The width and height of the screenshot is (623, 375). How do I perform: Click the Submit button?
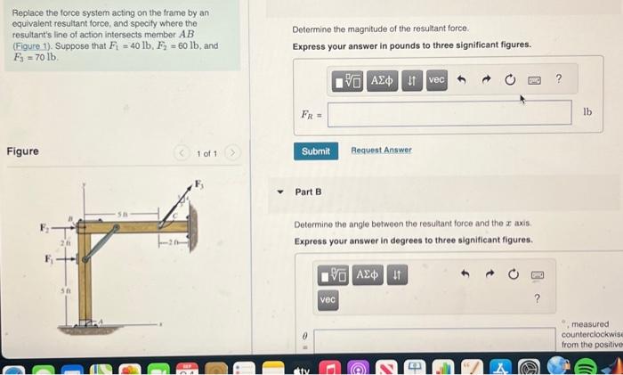315,151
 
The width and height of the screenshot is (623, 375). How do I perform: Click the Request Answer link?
381,151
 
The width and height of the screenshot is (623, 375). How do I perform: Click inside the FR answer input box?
449,113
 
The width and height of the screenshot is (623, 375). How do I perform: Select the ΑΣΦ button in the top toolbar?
383,80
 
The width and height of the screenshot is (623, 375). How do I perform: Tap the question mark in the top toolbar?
558,80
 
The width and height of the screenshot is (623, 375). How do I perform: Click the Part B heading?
308,192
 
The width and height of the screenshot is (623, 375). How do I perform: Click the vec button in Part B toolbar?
328,300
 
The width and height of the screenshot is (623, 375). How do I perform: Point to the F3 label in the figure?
199,184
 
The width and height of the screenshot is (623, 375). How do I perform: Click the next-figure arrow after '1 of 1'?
234,153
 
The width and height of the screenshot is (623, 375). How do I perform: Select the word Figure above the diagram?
22,151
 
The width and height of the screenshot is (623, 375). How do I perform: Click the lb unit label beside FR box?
587,112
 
